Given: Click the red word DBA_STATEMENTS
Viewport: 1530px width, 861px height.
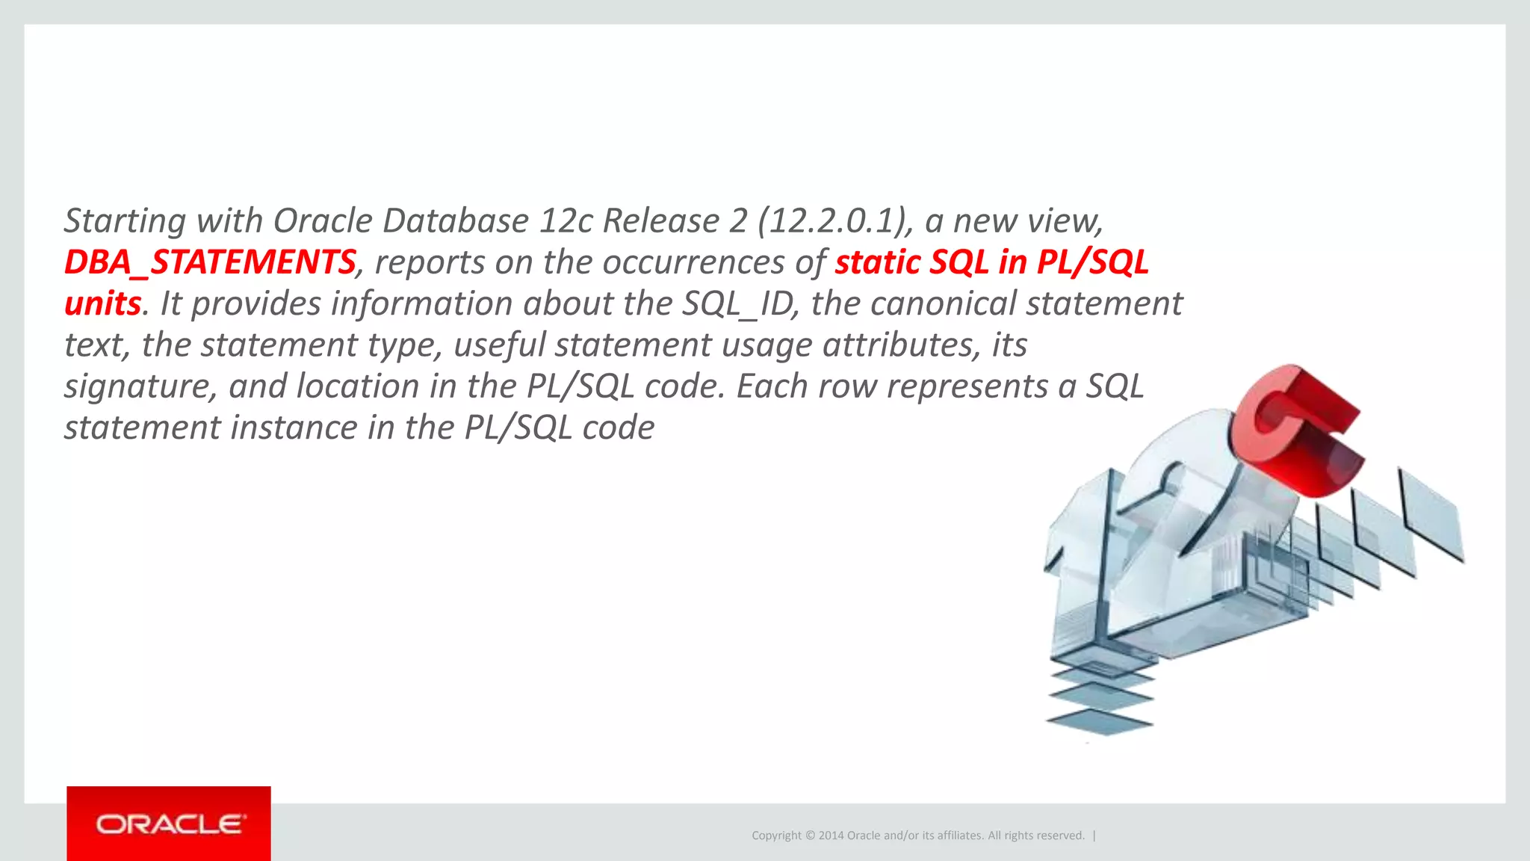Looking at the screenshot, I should (x=209, y=262).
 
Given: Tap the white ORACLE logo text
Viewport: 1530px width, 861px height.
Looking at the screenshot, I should (x=169, y=824).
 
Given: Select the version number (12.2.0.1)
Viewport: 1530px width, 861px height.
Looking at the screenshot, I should (x=835, y=221).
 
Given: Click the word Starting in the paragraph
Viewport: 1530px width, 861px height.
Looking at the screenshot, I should (x=125, y=221).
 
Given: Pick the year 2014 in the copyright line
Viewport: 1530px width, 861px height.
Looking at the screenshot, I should (x=831, y=836).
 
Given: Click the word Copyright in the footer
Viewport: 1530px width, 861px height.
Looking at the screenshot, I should (x=776, y=836).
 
